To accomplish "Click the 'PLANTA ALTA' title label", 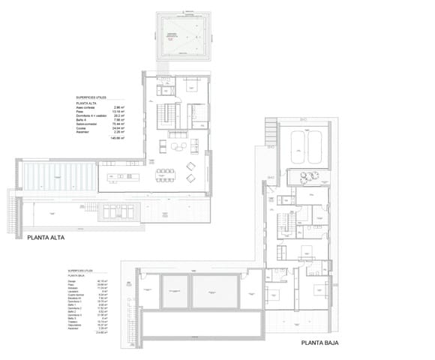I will [x=50, y=241].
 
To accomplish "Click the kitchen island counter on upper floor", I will [x=122, y=178].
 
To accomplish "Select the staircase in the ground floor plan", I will [x=286, y=223].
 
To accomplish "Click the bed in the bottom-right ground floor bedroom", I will [x=316, y=289].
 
